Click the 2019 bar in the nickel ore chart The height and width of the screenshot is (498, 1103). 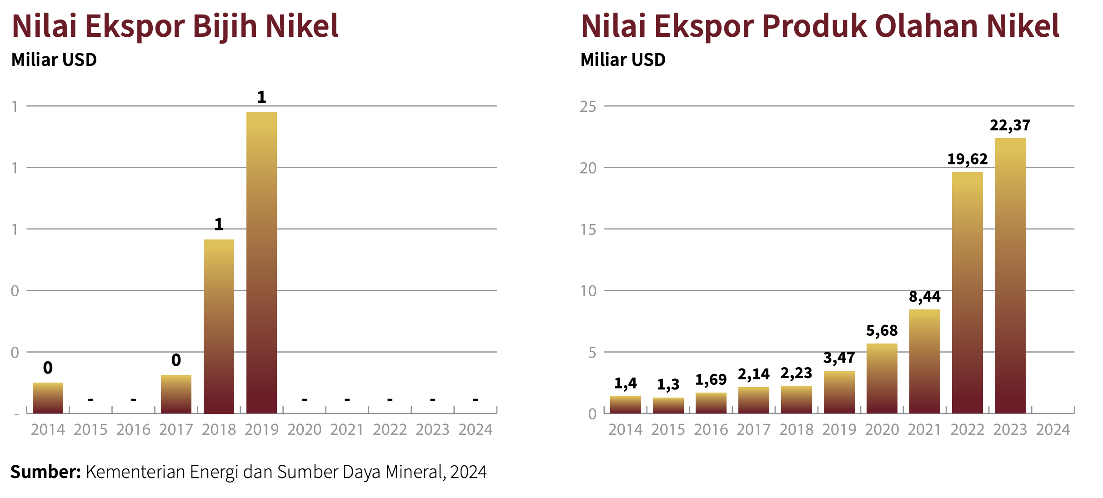[261, 263]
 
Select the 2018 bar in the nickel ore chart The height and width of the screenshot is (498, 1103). [219, 326]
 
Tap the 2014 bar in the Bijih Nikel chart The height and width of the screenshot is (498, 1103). [48, 398]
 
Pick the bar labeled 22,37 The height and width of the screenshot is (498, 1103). [1010, 275]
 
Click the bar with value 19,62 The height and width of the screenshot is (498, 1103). [967, 293]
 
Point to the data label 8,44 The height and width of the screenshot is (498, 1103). [924, 297]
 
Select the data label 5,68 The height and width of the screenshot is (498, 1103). [882, 331]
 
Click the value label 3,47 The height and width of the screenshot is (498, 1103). [839, 358]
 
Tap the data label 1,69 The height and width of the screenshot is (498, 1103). [711, 380]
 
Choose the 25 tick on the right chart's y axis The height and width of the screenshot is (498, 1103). [588, 107]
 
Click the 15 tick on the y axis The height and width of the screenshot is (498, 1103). [588, 229]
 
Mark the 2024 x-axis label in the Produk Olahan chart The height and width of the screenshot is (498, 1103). [1053, 430]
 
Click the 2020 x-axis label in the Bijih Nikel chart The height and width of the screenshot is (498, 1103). [304, 430]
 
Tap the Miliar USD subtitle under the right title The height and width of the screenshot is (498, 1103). [623, 60]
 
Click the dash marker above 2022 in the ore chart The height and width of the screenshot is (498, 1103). [390, 400]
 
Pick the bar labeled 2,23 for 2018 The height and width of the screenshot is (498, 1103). [796, 400]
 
